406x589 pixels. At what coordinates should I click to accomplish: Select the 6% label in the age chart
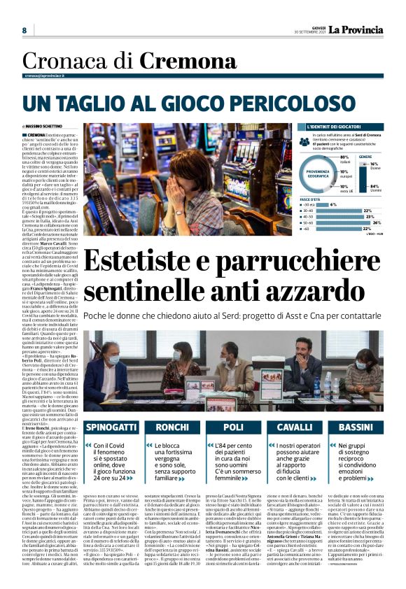click(x=333, y=204)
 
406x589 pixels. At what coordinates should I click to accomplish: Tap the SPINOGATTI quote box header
click(x=110, y=427)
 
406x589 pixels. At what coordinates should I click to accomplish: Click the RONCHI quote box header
click(x=171, y=427)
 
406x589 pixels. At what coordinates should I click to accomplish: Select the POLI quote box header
click(x=233, y=427)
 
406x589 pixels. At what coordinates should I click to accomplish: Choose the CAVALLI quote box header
click(x=295, y=427)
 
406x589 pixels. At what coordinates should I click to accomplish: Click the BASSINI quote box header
click(x=356, y=427)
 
